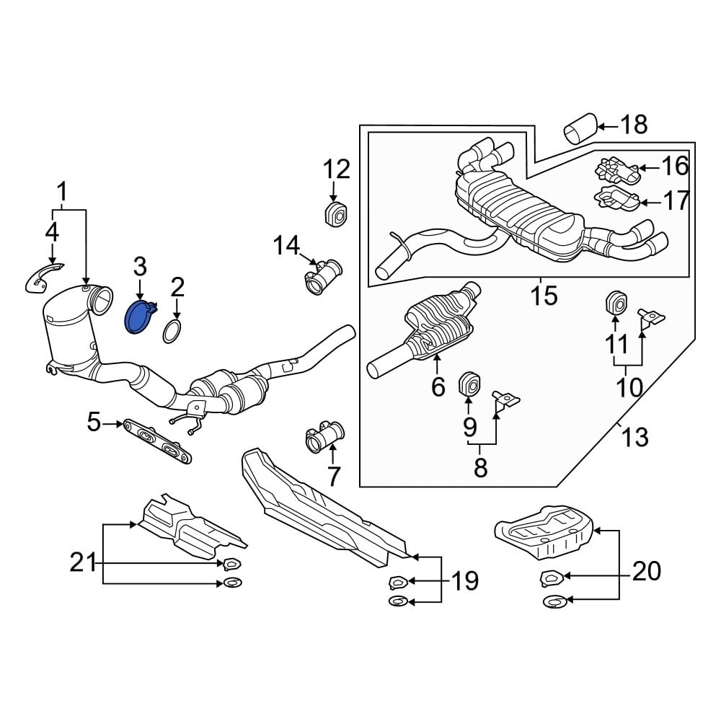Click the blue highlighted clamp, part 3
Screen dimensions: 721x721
click(138, 318)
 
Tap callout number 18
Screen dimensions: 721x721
click(634, 125)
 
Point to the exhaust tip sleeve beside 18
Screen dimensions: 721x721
click(580, 128)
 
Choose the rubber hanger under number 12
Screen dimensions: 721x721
click(335, 214)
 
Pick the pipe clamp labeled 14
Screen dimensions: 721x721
click(324, 276)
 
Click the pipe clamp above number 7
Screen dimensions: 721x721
click(325, 436)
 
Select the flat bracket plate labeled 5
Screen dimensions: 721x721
click(156, 440)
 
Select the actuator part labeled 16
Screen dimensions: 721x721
click(618, 171)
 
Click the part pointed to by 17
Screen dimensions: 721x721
click(617, 199)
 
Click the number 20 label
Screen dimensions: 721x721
click(647, 571)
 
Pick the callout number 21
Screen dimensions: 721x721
click(83, 562)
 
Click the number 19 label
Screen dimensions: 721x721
click(465, 580)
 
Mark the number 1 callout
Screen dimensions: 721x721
click(61, 192)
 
